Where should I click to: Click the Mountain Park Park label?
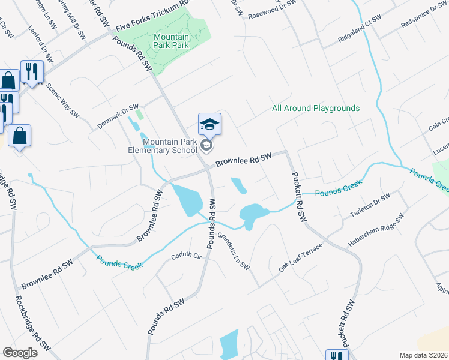click(x=171, y=41)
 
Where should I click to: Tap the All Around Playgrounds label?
click(x=316, y=108)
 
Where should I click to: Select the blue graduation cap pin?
click(x=209, y=124)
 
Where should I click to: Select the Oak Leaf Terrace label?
click(x=301, y=258)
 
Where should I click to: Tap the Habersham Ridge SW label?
click(x=375, y=231)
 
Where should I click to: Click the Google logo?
click(x=20, y=353)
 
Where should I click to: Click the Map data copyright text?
click(x=423, y=355)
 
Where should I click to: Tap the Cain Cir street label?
click(x=439, y=124)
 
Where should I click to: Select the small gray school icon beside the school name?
click(x=206, y=145)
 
